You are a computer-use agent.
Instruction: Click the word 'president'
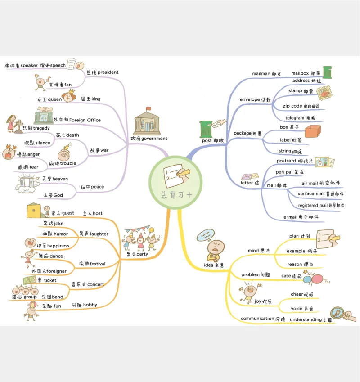(108, 72)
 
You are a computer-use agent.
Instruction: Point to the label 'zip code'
(292, 106)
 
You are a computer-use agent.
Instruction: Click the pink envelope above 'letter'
(250, 176)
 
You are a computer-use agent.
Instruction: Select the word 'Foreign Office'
(85, 120)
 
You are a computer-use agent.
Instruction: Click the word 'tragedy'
(41, 128)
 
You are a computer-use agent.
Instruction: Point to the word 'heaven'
(60, 179)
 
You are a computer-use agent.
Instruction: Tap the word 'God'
(58, 195)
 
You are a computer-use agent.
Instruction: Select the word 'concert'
(95, 284)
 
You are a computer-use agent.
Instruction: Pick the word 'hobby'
(90, 305)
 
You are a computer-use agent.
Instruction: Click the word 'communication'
(257, 319)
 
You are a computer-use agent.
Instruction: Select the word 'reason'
(295, 265)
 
